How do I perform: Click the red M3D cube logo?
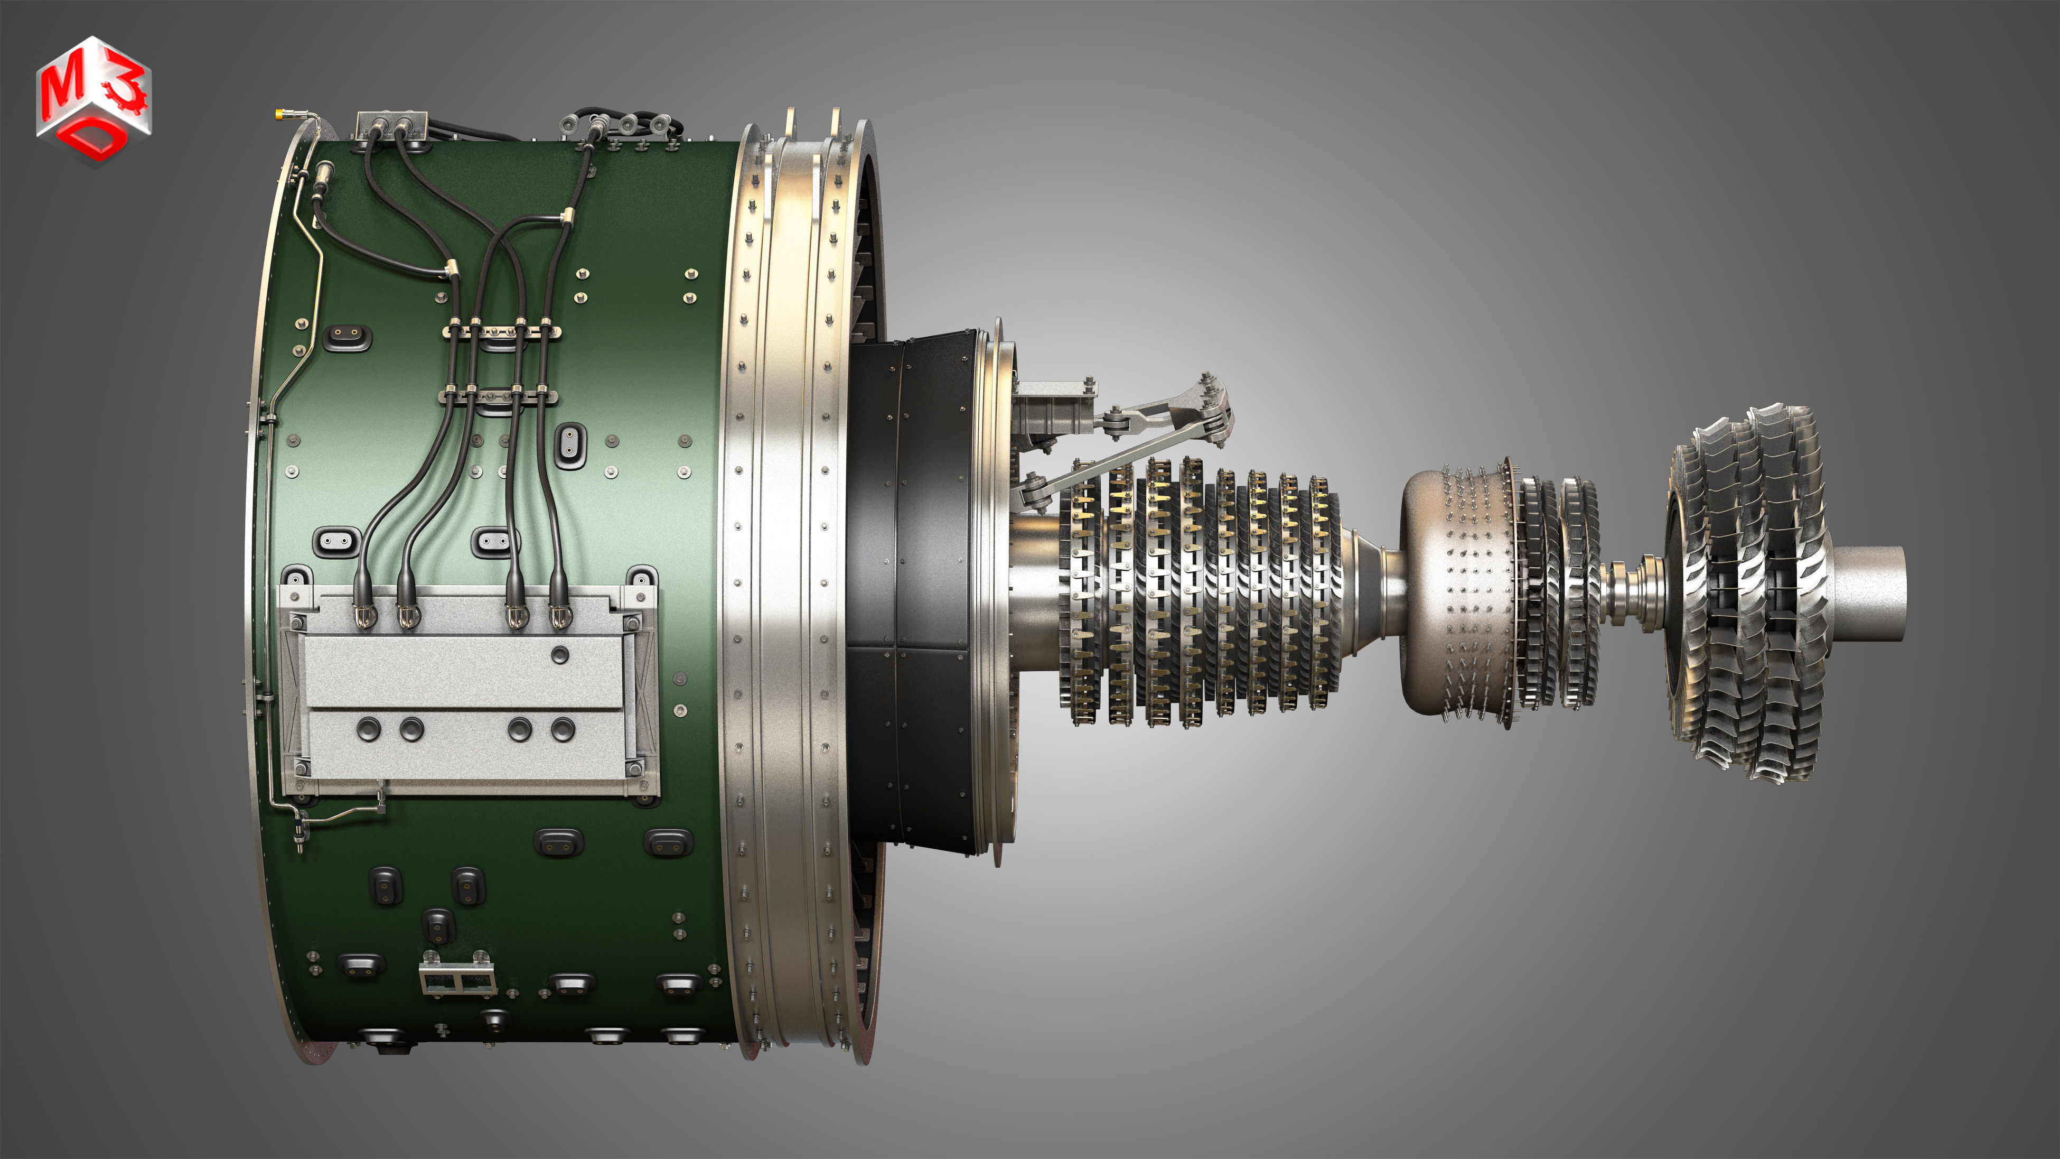tap(93, 100)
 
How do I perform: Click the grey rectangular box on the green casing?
tap(468, 692)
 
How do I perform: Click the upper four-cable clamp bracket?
tap(501, 330)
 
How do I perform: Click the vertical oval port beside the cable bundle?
tap(570, 444)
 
